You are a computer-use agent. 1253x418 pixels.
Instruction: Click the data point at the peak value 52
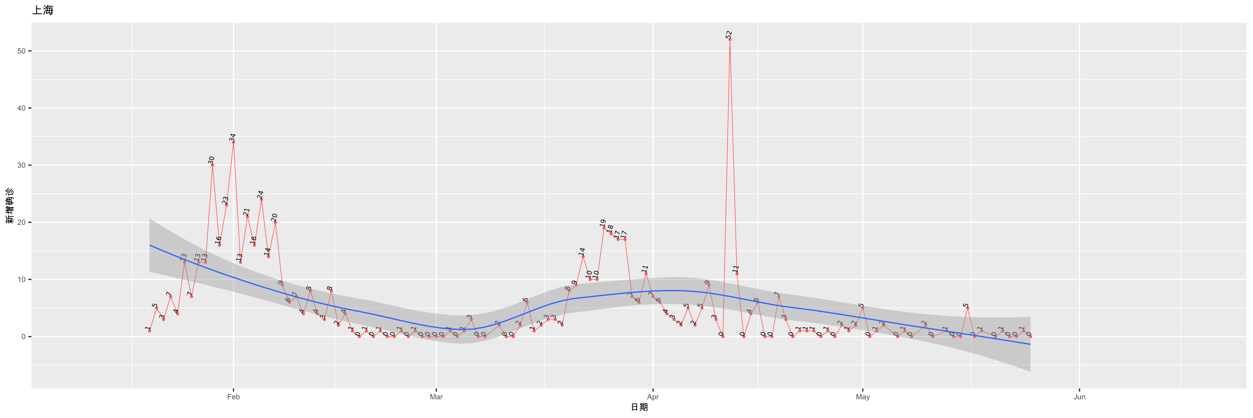coord(730,39)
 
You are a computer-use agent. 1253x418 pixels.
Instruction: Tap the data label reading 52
coord(729,34)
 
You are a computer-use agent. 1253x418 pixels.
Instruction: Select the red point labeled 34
coord(234,142)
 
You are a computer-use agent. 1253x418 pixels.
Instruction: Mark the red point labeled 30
coord(212,165)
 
